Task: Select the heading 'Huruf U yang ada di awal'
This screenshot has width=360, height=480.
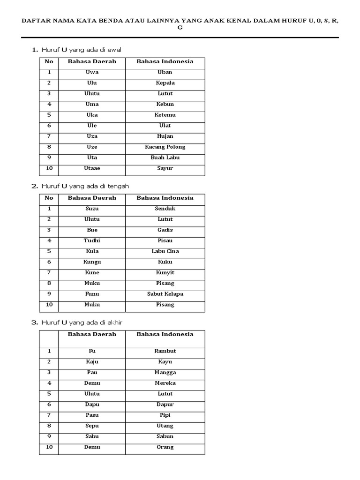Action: [x=82, y=49]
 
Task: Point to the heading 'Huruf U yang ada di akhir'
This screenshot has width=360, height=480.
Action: [x=83, y=322]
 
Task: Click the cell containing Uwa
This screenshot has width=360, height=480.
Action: [x=92, y=72]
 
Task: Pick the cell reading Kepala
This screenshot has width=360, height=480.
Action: [x=165, y=83]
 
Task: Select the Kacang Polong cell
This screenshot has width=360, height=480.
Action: [x=165, y=147]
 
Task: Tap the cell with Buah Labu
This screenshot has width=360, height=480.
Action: [x=165, y=157]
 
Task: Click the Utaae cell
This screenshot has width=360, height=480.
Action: [x=92, y=168]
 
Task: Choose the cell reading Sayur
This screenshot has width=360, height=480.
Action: [x=165, y=168]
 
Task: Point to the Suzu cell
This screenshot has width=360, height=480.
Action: [x=92, y=209]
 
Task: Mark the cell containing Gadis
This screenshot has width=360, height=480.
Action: [x=165, y=230]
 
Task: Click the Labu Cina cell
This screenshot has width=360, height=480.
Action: [x=165, y=251]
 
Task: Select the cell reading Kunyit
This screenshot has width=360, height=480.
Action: [x=165, y=272]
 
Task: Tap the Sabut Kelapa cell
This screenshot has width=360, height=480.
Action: [x=165, y=294]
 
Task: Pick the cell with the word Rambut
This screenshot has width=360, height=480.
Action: [x=165, y=351]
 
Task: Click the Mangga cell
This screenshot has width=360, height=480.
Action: [x=165, y=372]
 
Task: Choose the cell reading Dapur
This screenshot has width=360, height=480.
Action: [x=165, y=404]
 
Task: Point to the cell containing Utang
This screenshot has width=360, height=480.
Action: [x=165, y=426]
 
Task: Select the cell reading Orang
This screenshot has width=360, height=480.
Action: [x=165, y=447]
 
